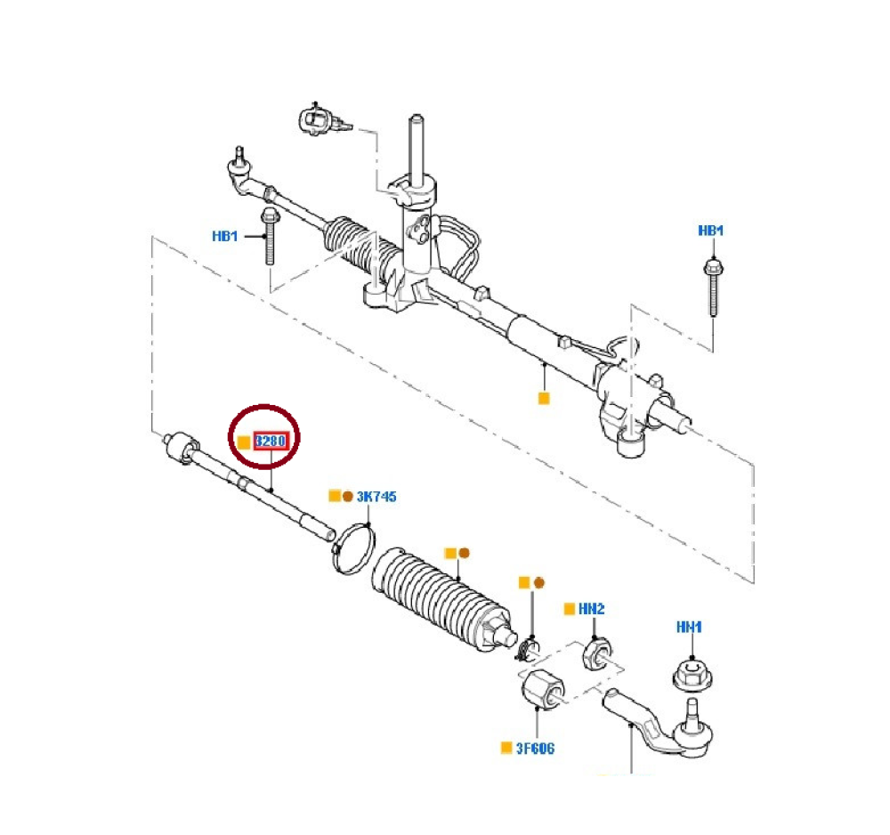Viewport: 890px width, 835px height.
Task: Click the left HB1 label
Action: click(x=225, y=237)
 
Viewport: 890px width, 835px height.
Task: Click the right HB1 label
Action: click(x=710, y=231)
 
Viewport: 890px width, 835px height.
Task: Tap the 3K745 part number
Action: click(x=376, y=496)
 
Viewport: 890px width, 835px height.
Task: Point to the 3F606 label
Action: click(x=535, y=748)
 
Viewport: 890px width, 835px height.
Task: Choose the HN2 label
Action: click(x=591, y=609)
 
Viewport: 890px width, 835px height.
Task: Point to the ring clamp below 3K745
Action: click(x=353, y=545)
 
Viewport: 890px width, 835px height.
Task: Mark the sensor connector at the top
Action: click(x=317, y=118)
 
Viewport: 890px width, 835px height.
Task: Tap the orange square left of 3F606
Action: click(x=506, y=748)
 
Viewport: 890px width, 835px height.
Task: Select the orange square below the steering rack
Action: click(x=544, y=398)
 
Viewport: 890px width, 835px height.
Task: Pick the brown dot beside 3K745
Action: click(x=347, y=496)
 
